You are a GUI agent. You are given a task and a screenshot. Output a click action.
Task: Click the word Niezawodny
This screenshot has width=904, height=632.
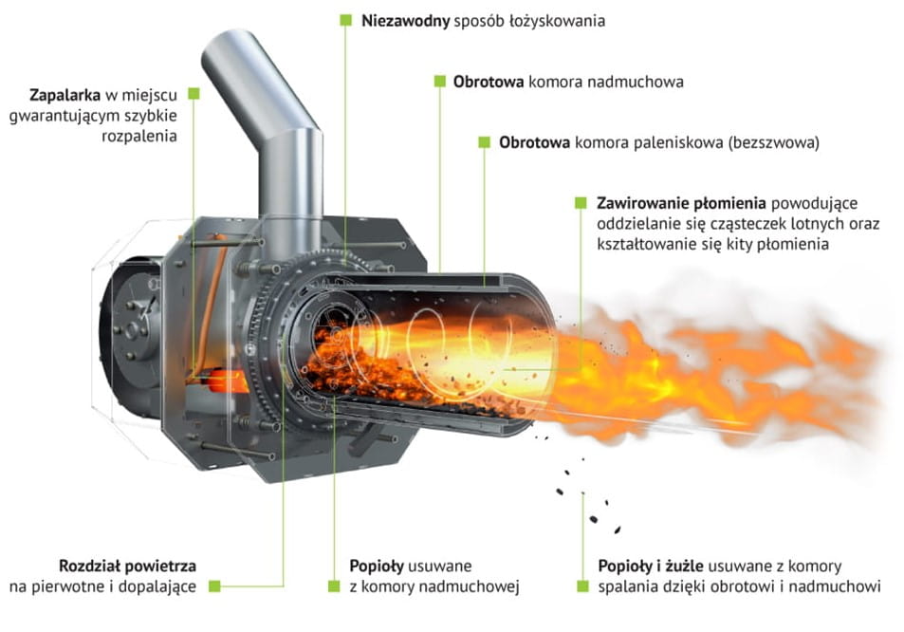pyautogui.click(x=405, y=21)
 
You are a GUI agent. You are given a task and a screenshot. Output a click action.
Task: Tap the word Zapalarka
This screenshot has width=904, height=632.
pyautogui.click(x=65, y=95)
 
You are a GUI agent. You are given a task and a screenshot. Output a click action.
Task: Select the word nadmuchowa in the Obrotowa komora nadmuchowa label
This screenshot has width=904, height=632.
pyautogui.click(x=636, y=82)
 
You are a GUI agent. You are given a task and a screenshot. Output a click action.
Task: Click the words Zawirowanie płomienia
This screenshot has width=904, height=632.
pyautogui.click(x=681, y=204)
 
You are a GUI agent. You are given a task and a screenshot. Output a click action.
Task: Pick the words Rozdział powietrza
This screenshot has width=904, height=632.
pyautogui.click(x=127, y=566)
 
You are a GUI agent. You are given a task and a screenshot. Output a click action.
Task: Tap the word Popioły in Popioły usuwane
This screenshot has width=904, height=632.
pyautogui.click(x=377, y=567)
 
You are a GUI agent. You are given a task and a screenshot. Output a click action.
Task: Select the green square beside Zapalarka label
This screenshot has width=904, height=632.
pyautogui.click(x=194, y=93)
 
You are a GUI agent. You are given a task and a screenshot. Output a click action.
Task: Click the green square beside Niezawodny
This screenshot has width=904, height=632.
pyautogui.click(x=345, y=20)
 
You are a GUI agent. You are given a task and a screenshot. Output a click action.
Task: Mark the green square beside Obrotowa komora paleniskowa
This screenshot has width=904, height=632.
pyautogui.click(x=485, y=141)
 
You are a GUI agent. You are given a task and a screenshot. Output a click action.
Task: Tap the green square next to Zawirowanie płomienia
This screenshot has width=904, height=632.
pyautogui.click(x=581, y=203)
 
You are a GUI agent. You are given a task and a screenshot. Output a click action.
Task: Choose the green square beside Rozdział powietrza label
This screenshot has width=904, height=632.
pyautogui.click(x=214, y=586)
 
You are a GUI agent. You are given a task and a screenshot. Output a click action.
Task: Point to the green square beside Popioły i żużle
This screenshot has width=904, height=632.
pyautogui.click(x=582, y=586)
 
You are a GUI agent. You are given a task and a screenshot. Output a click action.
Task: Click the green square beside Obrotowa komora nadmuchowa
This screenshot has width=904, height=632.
pyautogui.click(x=440, y=82)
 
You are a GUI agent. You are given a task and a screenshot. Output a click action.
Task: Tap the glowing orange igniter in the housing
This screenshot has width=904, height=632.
pyautogui.click(x=225, y=381)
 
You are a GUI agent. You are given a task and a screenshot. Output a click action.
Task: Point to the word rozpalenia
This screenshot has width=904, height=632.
pyautogui.click(x=138, y=137)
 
